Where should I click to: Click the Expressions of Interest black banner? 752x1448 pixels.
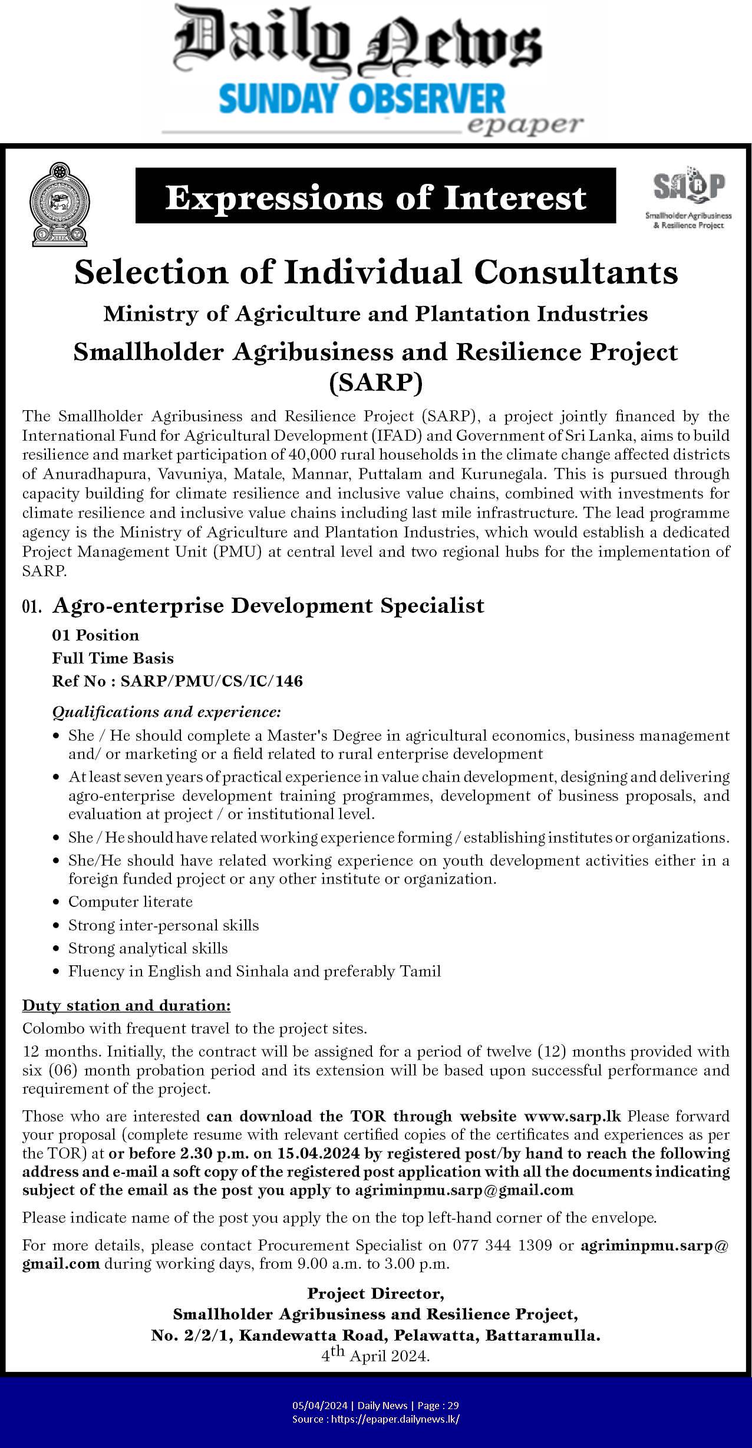click(375, 197)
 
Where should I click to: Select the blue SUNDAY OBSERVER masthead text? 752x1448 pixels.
click(362, 98)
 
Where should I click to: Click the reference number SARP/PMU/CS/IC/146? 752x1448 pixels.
click(212, 681)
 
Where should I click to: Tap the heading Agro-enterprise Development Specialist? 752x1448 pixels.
click(268, 605)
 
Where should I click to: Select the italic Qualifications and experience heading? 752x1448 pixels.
click(167, 712)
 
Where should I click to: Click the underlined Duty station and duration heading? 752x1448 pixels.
click(126, 1005)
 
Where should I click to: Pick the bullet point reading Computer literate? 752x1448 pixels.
click(130, 902)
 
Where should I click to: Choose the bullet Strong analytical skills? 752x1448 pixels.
click(148, 948)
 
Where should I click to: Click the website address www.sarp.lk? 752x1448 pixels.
click(572, 1116)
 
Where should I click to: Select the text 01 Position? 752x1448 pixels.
click(95, 635)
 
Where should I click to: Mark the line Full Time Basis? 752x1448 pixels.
click(113, 658)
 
